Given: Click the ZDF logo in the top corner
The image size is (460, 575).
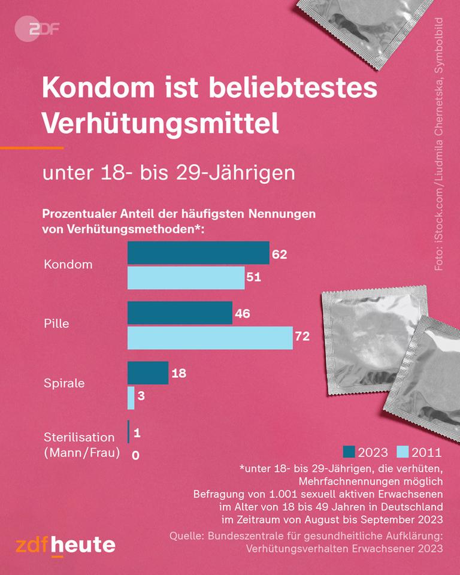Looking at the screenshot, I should point(37,29).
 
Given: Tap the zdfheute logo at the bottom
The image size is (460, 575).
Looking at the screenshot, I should point(65,544).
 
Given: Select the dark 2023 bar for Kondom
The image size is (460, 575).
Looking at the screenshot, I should point(198,253).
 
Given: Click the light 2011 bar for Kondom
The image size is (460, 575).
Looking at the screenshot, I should point(186,278).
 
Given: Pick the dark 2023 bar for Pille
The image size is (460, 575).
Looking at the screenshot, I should point(180,313).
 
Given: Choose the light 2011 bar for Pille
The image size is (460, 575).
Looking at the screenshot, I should point(210,338).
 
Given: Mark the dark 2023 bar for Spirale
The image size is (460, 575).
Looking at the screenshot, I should point(148,373).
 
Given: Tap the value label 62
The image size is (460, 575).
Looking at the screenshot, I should point(280,255).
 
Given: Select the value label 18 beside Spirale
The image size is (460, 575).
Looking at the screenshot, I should point(178,373).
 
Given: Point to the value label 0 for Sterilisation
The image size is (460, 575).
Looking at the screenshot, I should point(135,455).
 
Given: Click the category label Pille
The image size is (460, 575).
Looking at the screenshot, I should point(57,323).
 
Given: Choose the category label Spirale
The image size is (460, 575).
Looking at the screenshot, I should point(64,383).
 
